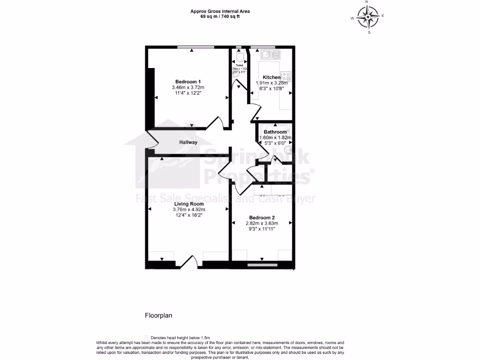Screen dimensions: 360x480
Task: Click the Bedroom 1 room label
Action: (188, 81)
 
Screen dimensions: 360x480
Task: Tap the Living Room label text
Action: (188, 204)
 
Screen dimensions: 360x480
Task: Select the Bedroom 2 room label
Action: (262, 217)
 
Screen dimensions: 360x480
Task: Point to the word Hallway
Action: (188, 142)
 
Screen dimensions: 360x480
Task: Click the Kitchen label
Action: (271, 77)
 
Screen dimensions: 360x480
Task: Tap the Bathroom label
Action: (275, 132)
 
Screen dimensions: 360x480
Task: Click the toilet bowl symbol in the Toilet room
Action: (240, 58)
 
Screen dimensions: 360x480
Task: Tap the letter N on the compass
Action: (367, 2)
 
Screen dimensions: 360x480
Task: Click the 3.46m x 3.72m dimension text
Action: (188, 87)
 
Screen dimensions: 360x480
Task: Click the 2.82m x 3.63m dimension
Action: (262, 224)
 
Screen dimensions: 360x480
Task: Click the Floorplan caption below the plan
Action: (158, 315)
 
